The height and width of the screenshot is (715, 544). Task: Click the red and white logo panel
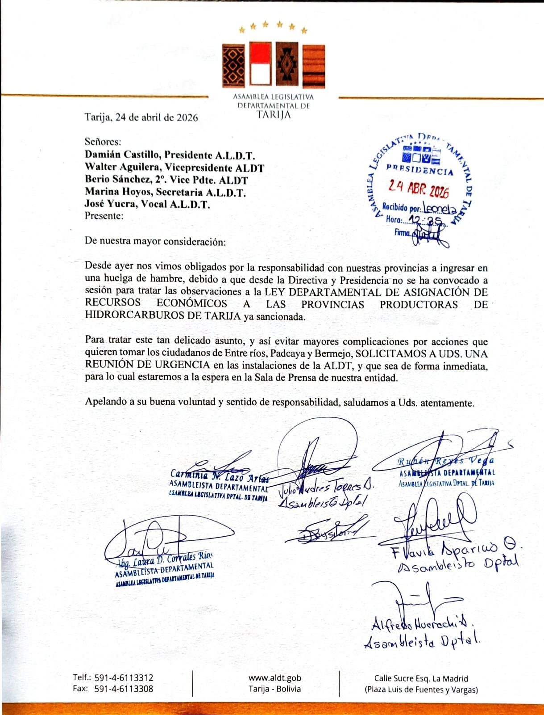[260, 63]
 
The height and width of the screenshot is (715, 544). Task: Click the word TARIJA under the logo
[274, 115]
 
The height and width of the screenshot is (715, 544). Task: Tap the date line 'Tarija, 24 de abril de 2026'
[141, 118]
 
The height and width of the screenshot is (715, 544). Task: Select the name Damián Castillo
[122, 155]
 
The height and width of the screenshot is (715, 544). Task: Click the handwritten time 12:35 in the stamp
[426, 220]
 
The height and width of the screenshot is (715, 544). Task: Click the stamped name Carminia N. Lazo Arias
[220, 475]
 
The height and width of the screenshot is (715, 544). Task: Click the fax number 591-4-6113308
[124, 689]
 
